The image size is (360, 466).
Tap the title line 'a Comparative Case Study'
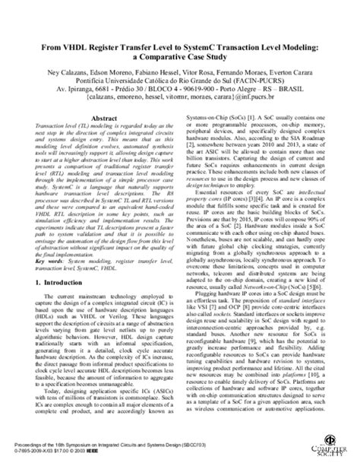point(180,57)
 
